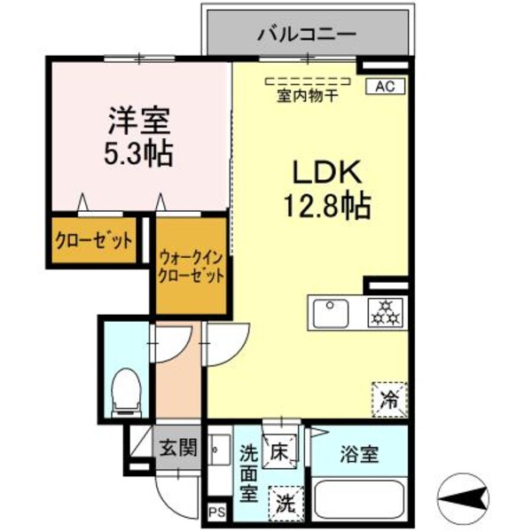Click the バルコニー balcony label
307,35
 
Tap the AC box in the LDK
384,86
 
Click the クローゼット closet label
94,240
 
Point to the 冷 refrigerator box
388,396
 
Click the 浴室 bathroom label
359,455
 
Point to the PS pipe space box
215,512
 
